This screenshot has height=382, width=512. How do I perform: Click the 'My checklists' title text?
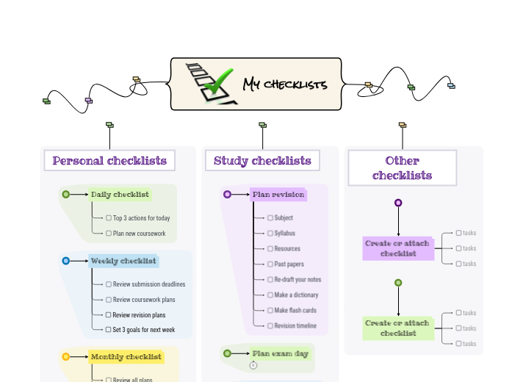click(x=284, y=84)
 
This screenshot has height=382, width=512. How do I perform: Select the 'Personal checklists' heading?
click(x=109, y=161)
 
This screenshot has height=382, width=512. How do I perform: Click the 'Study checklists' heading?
click(x=262, y=161)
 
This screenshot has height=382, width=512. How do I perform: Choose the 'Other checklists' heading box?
click(x=402, y=168)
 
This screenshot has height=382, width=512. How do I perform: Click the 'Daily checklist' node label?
click(x=120, y=195)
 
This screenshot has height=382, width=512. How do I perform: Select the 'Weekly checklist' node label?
click(x=123, y=261)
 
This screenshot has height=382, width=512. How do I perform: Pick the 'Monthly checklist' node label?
click(x=126, y=357)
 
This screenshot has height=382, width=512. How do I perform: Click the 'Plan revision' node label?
click(x=278, y=195)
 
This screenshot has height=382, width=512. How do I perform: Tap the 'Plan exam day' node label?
click(x=280, y=353)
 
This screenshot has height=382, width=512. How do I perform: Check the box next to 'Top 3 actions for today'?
click(x=109, y=218)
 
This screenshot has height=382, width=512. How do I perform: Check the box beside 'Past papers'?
click(x=270, y=264)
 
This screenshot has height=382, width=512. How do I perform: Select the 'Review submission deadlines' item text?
click(x=149, y=284)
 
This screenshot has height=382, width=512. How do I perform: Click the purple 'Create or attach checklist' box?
click(x=398, y=248)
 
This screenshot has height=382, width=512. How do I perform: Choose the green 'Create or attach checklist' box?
click(x=398, y=328)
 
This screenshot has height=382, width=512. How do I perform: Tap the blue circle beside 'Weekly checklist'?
click(x=66, y=261)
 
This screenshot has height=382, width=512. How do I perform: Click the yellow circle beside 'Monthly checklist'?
click(x=66, y=357)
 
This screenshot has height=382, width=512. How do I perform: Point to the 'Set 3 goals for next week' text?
click(x=144, y=330)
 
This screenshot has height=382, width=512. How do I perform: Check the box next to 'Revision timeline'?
click(x=270, y=325)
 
